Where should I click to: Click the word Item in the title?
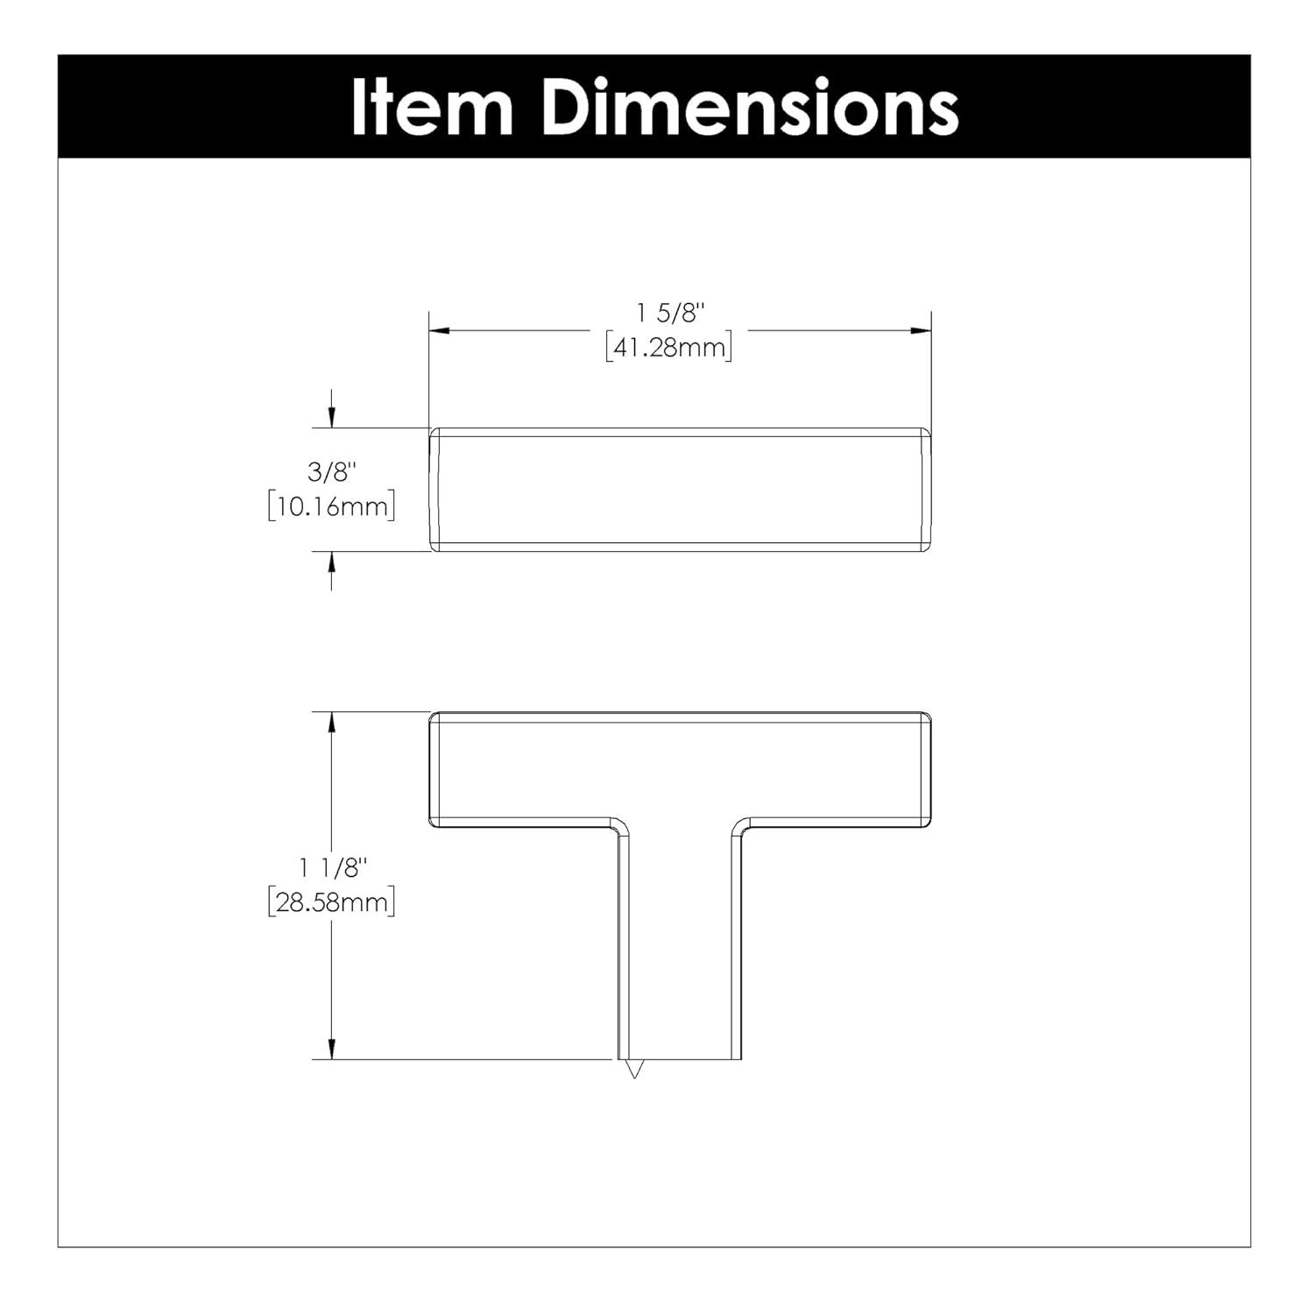coord(432,108)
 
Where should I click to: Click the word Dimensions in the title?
coord(751,108)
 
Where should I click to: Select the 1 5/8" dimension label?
coord(668,313)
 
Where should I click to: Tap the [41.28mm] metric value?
coord(668,348)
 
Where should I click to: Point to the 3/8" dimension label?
coord(332,473)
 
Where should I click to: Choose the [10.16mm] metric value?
coord(332,506)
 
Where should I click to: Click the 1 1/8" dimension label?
coord(332,868)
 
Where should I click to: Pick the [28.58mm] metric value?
coord(332,902)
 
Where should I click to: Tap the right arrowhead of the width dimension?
coord(921,330)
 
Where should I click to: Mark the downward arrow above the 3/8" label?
coord(331,418)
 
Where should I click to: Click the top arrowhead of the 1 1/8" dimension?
coord(331,722)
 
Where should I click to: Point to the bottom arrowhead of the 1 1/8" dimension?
coord(331,1049)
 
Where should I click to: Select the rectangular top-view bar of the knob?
coord(680,490)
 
